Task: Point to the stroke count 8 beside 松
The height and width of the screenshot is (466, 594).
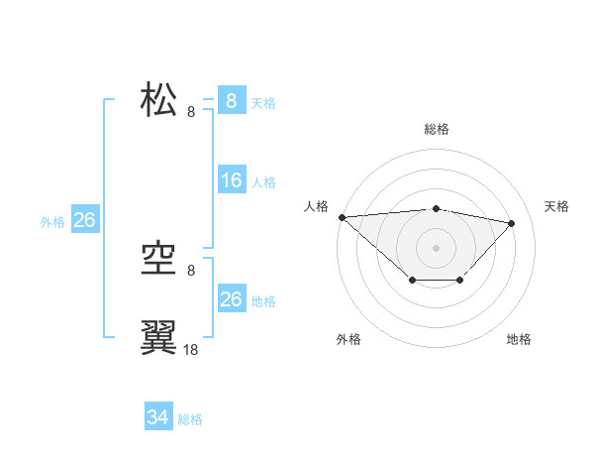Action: click(x=191, y=112)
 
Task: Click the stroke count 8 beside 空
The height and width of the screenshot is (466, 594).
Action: click(x=191, y=271)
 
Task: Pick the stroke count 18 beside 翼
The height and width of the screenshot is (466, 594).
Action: click(x=191, y=349)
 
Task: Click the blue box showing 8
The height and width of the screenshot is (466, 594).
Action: click(x=231, y=100)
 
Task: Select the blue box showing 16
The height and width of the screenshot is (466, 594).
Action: click(x=231, y=180)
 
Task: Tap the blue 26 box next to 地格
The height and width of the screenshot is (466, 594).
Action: click(x=231, y=299)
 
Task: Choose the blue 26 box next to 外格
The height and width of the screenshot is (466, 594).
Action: click(x=84, y=220)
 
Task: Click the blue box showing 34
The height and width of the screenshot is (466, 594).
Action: click(x=157, y=417)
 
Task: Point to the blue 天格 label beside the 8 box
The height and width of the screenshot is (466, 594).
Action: click(x=263, y=102)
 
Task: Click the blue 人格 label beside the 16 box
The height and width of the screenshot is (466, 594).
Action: click(x=263, y=182)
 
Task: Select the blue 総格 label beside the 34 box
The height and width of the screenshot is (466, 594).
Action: click(x=190, y=419)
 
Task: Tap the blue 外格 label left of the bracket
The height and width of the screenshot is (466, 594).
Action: click(x=52, y=222)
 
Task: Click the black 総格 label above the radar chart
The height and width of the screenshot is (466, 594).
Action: click(x=436, y=129)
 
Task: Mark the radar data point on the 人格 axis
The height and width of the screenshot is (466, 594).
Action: click(x=342, y=217)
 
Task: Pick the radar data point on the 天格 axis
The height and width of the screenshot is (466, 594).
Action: click(x=511, y=223)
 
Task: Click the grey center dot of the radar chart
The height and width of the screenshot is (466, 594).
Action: click(x=436, y=247)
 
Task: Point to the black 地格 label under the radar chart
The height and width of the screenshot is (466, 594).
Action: click(x=519, y=339)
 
